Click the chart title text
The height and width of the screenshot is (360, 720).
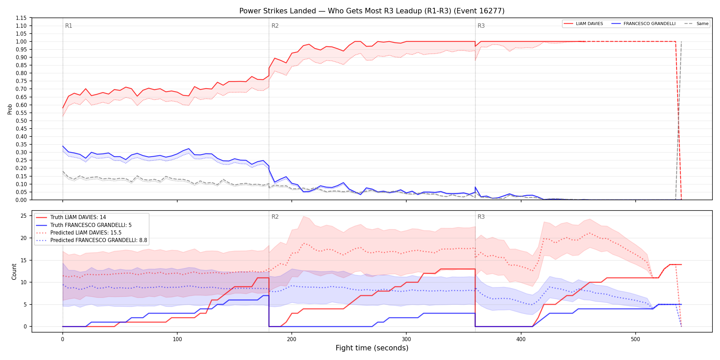point(372,11)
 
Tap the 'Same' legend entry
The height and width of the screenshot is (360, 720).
point(696,24)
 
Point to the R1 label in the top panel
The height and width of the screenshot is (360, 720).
point(69,26)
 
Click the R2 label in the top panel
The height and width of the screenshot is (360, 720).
point(275,26)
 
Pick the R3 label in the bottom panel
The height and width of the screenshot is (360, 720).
point(481,217)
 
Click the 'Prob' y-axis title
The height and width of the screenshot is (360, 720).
point(10,109)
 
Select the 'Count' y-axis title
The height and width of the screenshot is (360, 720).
point(14,272)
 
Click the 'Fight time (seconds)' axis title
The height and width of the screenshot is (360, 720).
point(372,348)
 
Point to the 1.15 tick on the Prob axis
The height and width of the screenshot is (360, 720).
point(21,18)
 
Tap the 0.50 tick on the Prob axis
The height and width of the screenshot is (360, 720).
point(21,121)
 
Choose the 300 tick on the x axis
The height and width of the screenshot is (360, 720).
point(406,339)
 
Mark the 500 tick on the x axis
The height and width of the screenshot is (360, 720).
point(635,339)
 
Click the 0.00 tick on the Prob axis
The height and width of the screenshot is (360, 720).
point(21,200)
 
